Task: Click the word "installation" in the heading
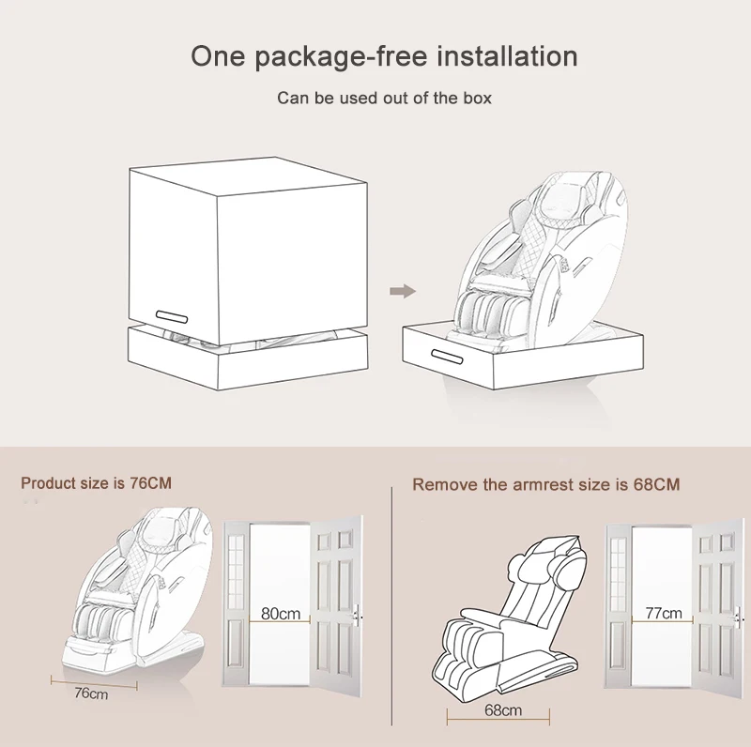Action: pos(507,56)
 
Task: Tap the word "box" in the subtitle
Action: pos(477,99)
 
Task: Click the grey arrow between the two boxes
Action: pos(403,291)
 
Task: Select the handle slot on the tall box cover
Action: pos(172,317)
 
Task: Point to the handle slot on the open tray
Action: pos(448,357)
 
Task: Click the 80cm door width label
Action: pos(281,614)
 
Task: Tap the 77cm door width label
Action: pos(664,613)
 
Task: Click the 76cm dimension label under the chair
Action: pos(91,694)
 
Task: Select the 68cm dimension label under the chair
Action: pos(503,710)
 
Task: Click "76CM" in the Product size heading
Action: pos(150,483)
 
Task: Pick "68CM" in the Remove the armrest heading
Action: pos(656,484)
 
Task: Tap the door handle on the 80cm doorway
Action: pos(356,615)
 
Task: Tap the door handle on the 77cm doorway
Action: pos(738,617)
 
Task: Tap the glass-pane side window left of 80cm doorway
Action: pos(236,566)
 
